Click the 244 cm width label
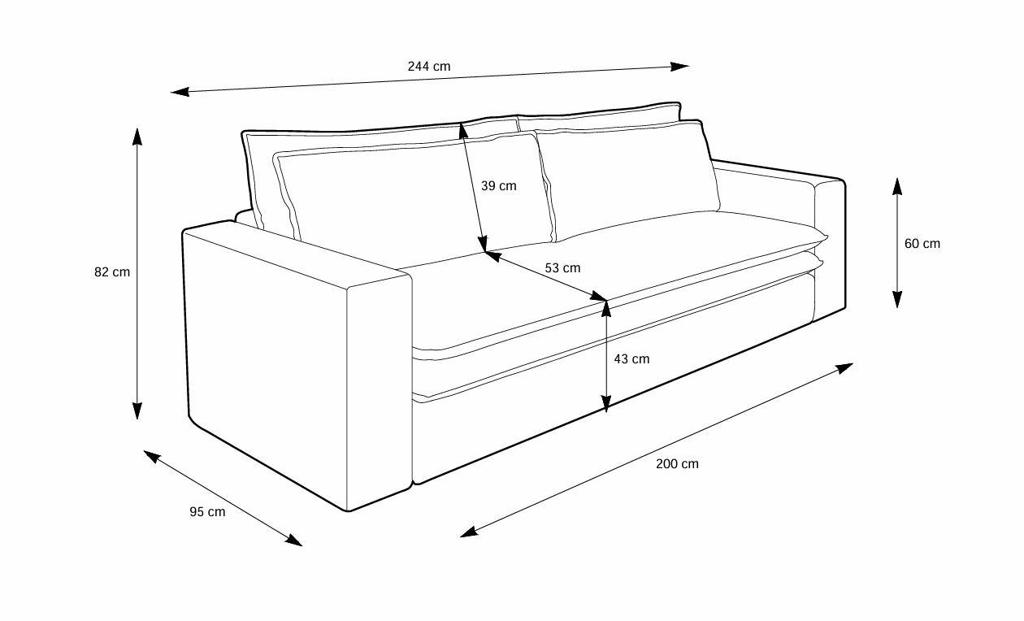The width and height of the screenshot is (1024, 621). [x=429, y=67]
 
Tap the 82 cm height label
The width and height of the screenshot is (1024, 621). [x=112, y=272]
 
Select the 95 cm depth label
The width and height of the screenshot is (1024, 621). [x=207, y=512]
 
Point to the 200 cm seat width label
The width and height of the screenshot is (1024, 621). [x=677, y=464]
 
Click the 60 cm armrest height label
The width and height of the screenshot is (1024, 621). [x=922, y=243]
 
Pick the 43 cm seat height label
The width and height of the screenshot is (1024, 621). [x=631, y=358]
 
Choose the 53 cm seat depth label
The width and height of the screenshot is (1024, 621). [x=562, y=267]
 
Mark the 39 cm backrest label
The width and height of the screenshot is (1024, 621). [x=498, y=185]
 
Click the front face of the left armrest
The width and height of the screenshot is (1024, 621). [x=378, y=390]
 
